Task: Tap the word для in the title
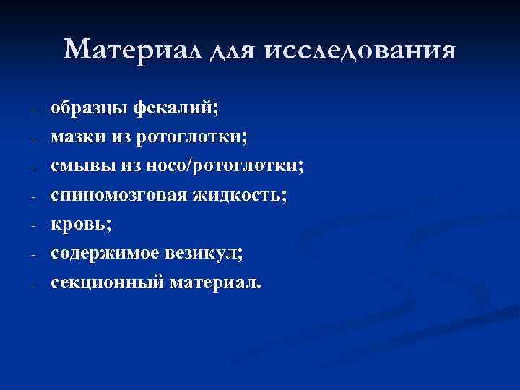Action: click(x=235, y=51)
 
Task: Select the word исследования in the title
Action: click(x=362, y=50)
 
